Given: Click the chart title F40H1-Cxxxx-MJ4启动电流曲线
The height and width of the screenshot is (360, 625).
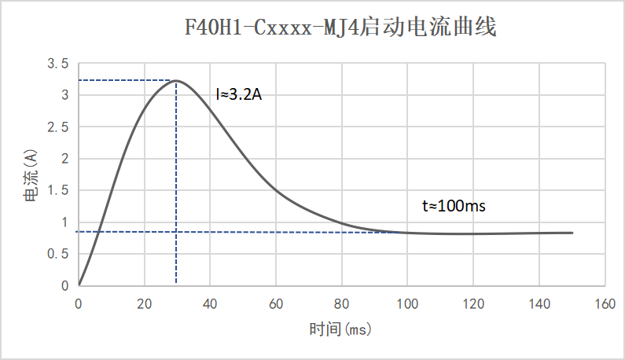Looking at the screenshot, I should click(x=340, y=29).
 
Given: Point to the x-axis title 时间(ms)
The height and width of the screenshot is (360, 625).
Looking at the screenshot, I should click(x=340, y=329).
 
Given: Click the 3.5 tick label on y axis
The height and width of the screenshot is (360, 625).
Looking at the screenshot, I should click(x=60, y=63).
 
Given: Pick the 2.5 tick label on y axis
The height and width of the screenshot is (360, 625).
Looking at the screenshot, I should click(x=60, y=127).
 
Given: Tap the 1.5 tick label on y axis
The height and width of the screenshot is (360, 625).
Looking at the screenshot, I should click(x=60, y=190).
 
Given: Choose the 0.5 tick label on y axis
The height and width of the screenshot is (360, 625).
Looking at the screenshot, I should click(x=60, y=254).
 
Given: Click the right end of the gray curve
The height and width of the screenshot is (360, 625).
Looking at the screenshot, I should click(x=572, y=233).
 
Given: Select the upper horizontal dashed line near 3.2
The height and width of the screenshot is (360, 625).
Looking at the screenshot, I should click(x=126, y=80).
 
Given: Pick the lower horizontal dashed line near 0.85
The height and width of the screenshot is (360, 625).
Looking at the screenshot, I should click(x=236, y=232).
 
